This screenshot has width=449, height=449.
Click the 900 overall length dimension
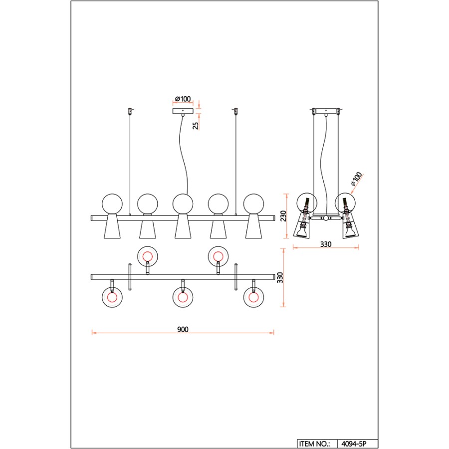click(x=183, y=329)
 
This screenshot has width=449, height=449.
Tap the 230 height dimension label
click(x=283, y=216)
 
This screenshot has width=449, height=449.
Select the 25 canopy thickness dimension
click(x=196, y=126)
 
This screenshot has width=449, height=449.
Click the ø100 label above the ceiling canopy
click(x=183, y=99)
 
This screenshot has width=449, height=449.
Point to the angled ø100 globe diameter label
click(x=356, y=179)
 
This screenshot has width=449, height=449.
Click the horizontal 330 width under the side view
click(x=326, y=244)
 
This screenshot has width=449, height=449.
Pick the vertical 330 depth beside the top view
click(x=280, y=277)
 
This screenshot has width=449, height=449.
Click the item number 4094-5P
click(x=354, y=444)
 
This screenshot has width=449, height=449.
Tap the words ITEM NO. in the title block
click(x=314, y=444)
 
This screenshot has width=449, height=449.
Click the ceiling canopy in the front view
click(x=183, y=111)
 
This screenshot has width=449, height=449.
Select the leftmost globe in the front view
click(x=112, y=204)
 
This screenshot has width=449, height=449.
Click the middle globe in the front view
click(x=183, y=204)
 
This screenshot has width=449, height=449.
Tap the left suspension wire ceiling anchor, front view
click(x=130, y=111)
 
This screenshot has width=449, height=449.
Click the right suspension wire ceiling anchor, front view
click(x=236, y=111)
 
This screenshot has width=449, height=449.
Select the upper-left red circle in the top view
click(x=148, y=256)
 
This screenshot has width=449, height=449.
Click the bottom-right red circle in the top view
click(x=254, y=297)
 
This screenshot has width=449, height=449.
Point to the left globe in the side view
click(x=307, y=203)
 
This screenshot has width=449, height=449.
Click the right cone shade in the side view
click(x=350, y=225)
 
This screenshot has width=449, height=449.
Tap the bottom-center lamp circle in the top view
click(x=183, y=297)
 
